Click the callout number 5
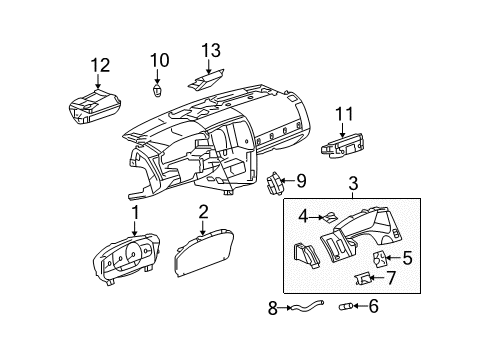click(x=407, y=256)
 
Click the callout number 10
click(x=156, y=59)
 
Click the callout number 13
click(x=209, y=51)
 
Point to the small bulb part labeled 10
click(x=157, y=90)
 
